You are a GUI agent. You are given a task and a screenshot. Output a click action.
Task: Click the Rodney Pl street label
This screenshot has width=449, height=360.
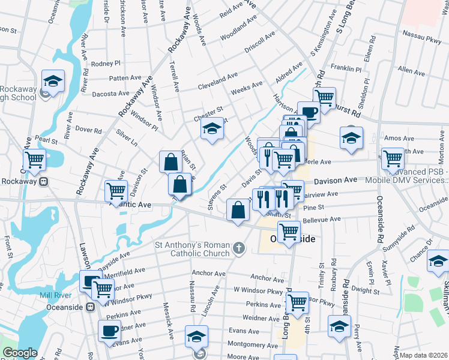(106, 63)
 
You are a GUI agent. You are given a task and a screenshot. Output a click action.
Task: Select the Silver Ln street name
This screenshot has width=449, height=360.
(127, 139)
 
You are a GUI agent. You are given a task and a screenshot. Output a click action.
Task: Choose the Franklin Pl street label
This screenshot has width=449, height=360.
(346, 69)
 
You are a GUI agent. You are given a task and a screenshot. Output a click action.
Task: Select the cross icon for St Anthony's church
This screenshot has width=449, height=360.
(239, 247)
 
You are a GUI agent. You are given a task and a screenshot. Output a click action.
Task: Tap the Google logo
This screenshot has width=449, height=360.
(20, 353)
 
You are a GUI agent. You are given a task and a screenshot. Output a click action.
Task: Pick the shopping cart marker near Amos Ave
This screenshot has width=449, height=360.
(393, 159)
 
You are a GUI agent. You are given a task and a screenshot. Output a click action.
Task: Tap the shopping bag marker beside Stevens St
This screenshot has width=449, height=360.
(238, 210)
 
